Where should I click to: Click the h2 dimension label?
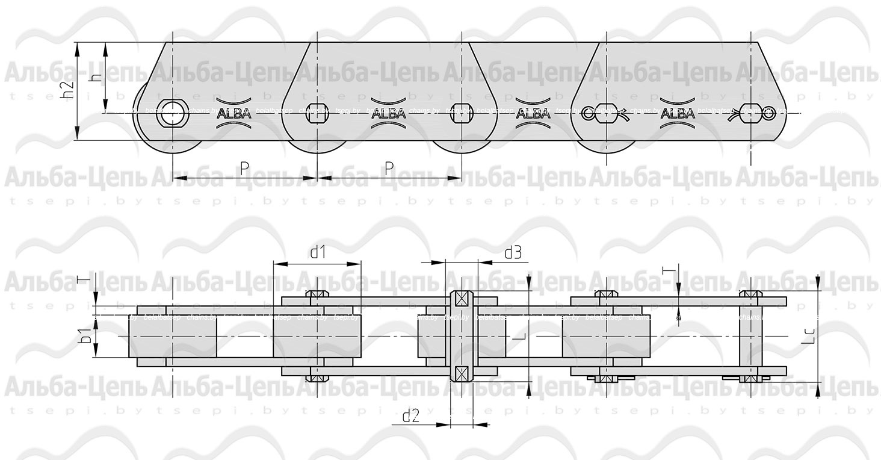[68, 90]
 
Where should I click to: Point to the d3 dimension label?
[512, 253]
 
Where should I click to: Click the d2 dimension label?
[410, 415]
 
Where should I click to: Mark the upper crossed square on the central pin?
[461, 298]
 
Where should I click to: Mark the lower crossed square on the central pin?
[461, 373]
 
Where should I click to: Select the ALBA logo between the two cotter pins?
[677, 113]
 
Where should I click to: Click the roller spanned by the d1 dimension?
[317, 335]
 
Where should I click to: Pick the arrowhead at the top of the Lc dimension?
[818, 282]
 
